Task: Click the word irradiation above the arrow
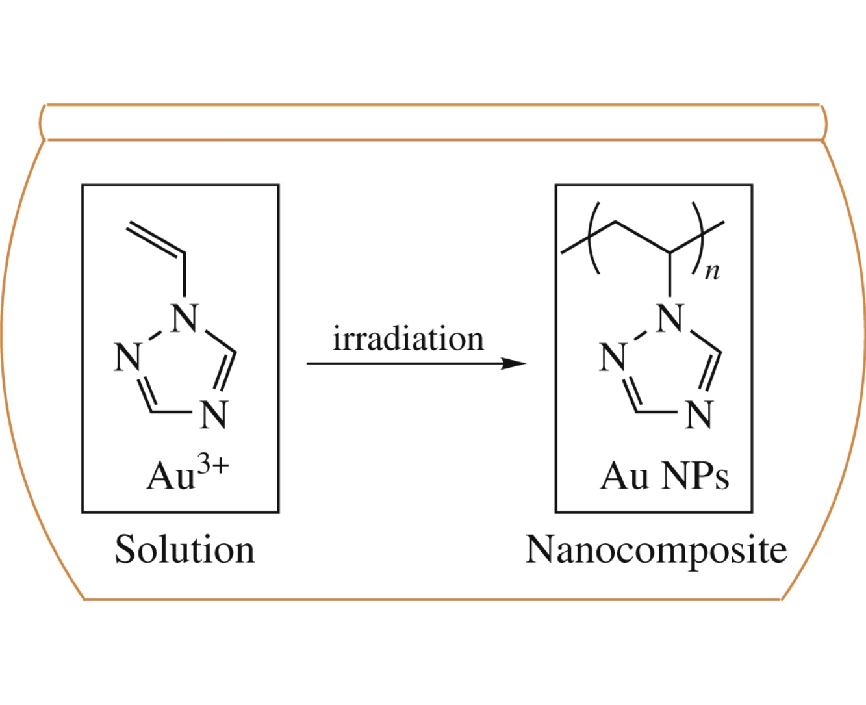tap(408, 339)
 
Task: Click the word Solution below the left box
tap(185, 550)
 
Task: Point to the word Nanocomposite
tap(656, 550)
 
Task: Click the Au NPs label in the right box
tap(664, 476)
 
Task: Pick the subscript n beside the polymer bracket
tap(713, 270)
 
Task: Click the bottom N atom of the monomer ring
tap(213, 414)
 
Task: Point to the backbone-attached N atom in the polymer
tap(670, 318)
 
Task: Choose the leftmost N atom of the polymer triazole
tap(613, 357)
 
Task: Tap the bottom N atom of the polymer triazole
tap(698, 414)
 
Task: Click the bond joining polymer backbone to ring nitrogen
tap(670, 277)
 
